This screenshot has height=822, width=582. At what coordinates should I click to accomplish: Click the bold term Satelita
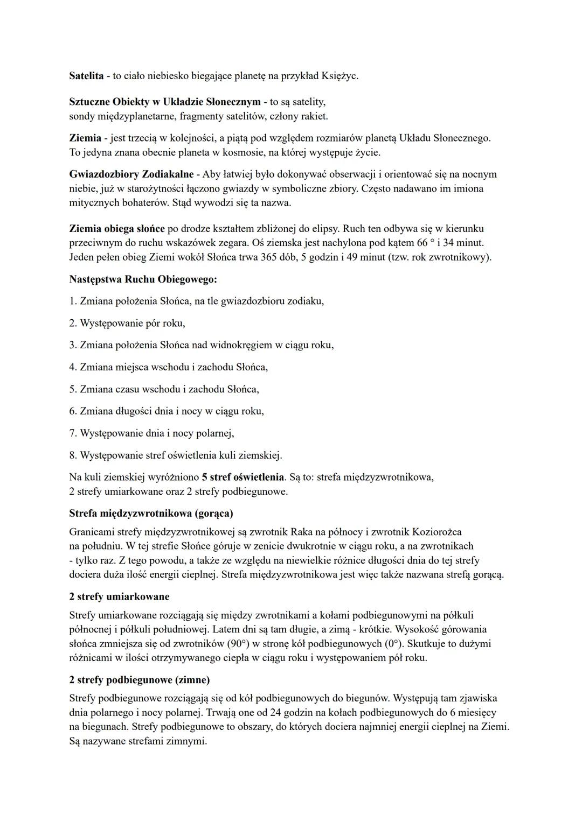[x=86, y=76]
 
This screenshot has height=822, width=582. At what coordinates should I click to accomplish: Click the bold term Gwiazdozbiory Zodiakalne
[x=131, y=174]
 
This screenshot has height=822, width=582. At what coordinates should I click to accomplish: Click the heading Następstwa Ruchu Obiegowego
[x=143, y=279]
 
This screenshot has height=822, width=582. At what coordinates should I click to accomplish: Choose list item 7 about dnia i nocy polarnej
[x=151, y=433]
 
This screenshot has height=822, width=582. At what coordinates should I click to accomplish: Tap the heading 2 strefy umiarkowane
[x=119, y=597]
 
